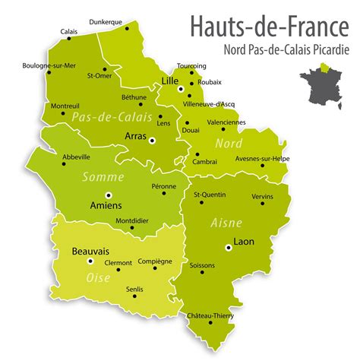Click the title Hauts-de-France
pos(270,29)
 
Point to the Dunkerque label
pos(106,22)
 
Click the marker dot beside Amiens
pos(107,195)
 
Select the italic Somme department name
pos(105,177)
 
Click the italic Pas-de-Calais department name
pos(101,117)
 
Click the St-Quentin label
pos(209,195)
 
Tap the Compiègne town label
pos(155,260)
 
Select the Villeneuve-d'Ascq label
pos(213,103)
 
